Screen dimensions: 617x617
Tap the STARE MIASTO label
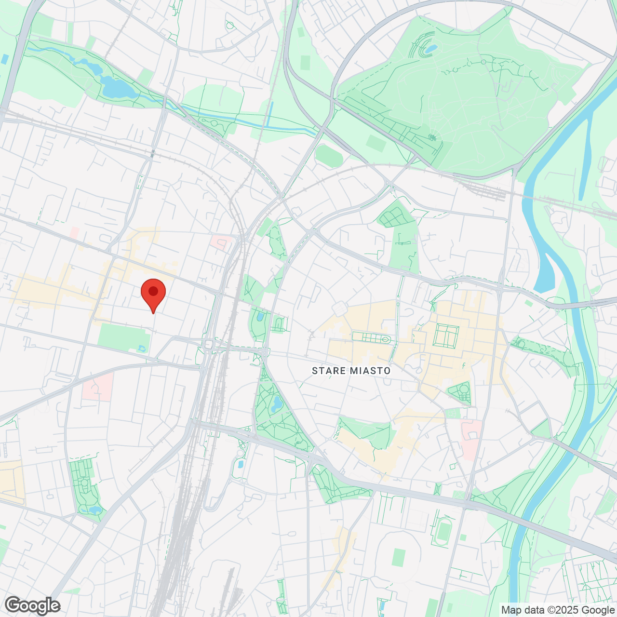click(351, 371)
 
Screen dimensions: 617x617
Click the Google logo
click(32, 605)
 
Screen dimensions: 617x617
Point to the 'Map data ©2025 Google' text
click(558, 610)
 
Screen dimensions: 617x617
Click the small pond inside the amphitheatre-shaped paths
click(431, 49)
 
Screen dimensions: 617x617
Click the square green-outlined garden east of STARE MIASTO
click(446, 335)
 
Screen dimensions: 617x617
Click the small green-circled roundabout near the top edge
click(230, 25)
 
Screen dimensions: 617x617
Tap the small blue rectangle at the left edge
click(5, 59)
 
